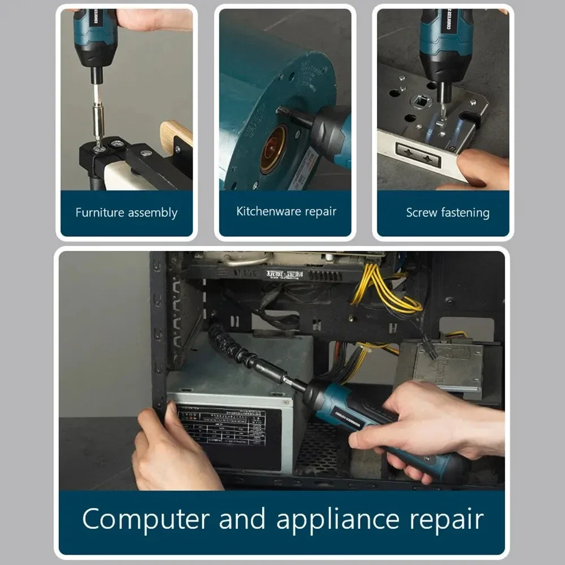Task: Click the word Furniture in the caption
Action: coord(99,213)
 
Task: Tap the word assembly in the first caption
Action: coord(153,214)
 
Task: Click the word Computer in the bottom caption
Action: coord(146,519)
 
